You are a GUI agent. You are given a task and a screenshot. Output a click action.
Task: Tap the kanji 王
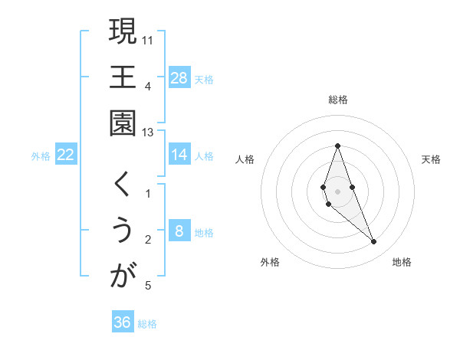click(123, 77)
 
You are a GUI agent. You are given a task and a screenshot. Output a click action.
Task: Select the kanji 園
click(123, 123)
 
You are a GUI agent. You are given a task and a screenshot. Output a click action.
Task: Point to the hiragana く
click(123, 184)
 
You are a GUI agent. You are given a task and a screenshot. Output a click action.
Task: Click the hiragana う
click(123, 231)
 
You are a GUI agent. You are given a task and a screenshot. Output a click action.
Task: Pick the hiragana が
click(123, 276)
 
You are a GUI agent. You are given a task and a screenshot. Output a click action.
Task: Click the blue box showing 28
click(179, 77)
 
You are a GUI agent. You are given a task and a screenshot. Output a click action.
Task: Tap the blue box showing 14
click(179, 155)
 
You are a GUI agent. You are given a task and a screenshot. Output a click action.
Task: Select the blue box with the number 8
click(179, 231)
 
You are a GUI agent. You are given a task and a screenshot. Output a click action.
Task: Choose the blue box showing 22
click(66, 155)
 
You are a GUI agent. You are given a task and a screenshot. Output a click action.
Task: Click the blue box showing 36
click(123, 322)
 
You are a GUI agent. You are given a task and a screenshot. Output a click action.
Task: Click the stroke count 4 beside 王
click(147, 85)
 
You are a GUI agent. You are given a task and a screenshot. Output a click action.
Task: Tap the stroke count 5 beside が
click(147, 286)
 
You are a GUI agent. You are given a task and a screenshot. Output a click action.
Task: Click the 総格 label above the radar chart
click(338, 100)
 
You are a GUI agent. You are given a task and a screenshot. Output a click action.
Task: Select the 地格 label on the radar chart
click(402, 262)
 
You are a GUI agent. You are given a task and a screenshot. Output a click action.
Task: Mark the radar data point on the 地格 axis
click(373, 242)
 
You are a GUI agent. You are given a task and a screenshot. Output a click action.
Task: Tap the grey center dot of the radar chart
click(337, 191)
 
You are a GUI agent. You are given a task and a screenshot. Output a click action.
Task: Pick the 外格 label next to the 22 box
click(41, 155)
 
